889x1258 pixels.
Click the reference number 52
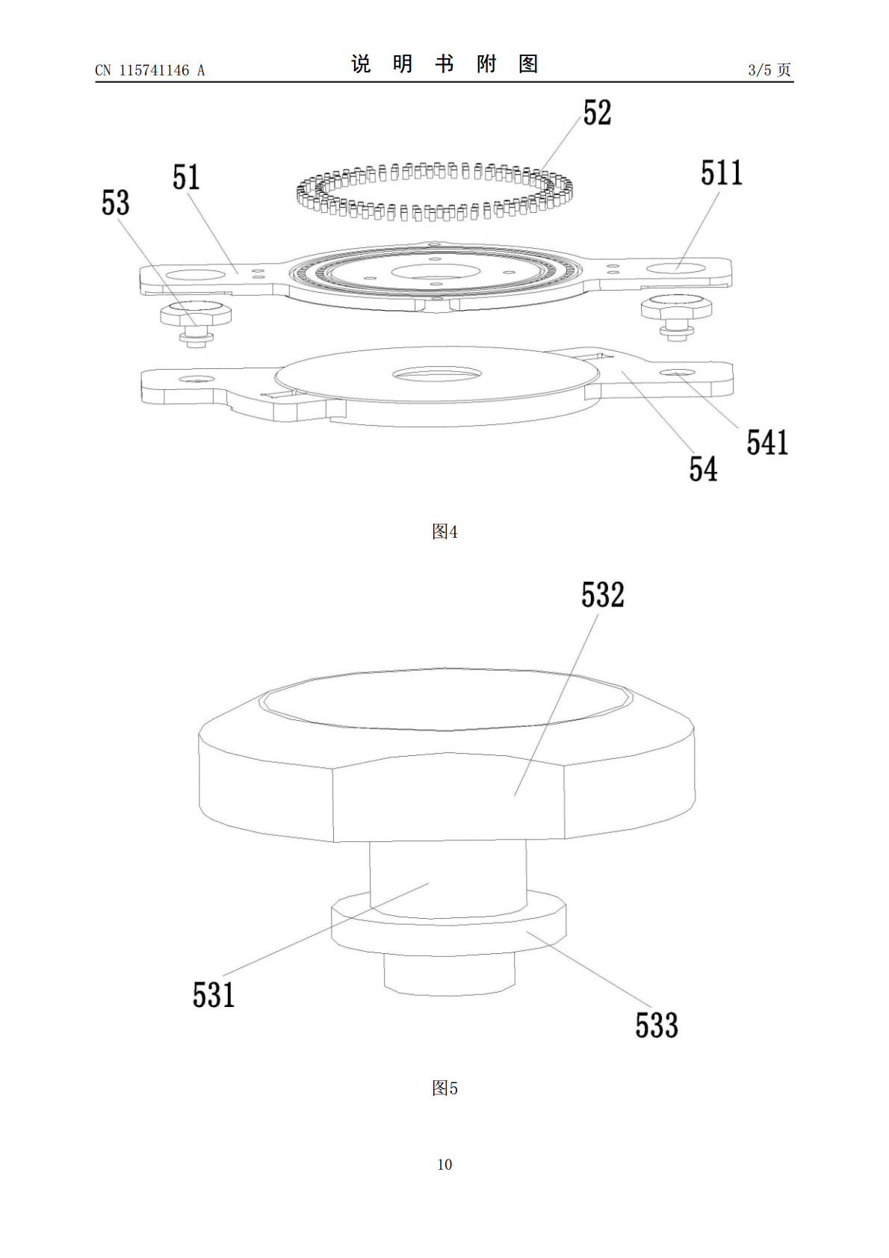click(597, 112)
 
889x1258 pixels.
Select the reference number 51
click(186, 178)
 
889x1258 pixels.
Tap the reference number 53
click(115, 202)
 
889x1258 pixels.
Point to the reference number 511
click(721, 173)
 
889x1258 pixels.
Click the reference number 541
click(767, 442)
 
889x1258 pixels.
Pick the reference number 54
click(703, 469)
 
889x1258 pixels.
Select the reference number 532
click(603, 595)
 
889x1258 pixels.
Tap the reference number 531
click(214, 995)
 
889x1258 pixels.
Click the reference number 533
click(657, 1025)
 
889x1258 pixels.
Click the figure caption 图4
click(444, 531)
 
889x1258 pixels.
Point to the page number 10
click(444, 1165)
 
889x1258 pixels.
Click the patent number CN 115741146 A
click(150, 70)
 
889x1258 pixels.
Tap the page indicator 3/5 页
click(769, 69)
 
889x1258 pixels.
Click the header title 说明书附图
click(444, 64)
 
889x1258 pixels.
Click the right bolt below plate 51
click(676, 316)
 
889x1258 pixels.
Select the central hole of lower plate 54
click(437, 374)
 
